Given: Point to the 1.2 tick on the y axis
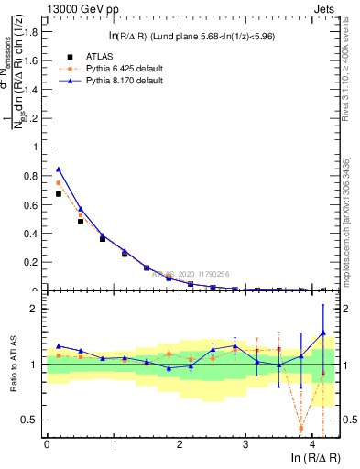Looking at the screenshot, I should (33, 118).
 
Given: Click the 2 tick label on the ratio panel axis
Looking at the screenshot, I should (36, 309).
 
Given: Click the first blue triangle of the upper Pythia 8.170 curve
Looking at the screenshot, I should (59, 169).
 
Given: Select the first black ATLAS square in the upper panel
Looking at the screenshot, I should (59, 193).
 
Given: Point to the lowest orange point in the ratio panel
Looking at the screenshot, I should (301, 428).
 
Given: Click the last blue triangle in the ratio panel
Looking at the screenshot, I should (322, 333).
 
